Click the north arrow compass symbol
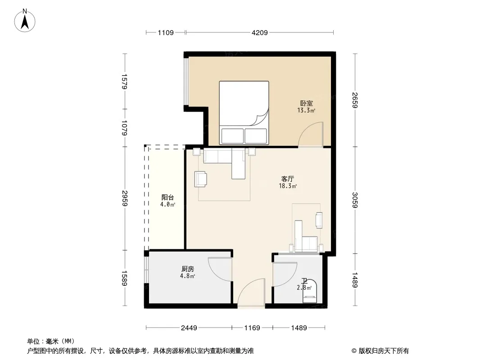[x=25, y=21]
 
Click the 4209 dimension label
[x=260, y=32]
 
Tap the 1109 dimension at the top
[x=166, y=32]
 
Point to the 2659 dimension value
[x=355, y=100]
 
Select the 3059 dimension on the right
[x=355, y=200]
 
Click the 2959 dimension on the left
[x=124, y=198]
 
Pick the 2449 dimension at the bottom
[x=189, y=328]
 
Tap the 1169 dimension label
[x=252, y=328]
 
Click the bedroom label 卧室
[x=307, y=103]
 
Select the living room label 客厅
[x=288, y=179]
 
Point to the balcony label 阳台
[x=168, y=197]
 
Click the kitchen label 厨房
[x=187, y=269]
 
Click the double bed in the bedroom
[x=244, y=112]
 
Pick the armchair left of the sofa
[x=200, y=179]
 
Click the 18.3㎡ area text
[x=288, y=186]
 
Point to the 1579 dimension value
[x=124, y=81]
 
